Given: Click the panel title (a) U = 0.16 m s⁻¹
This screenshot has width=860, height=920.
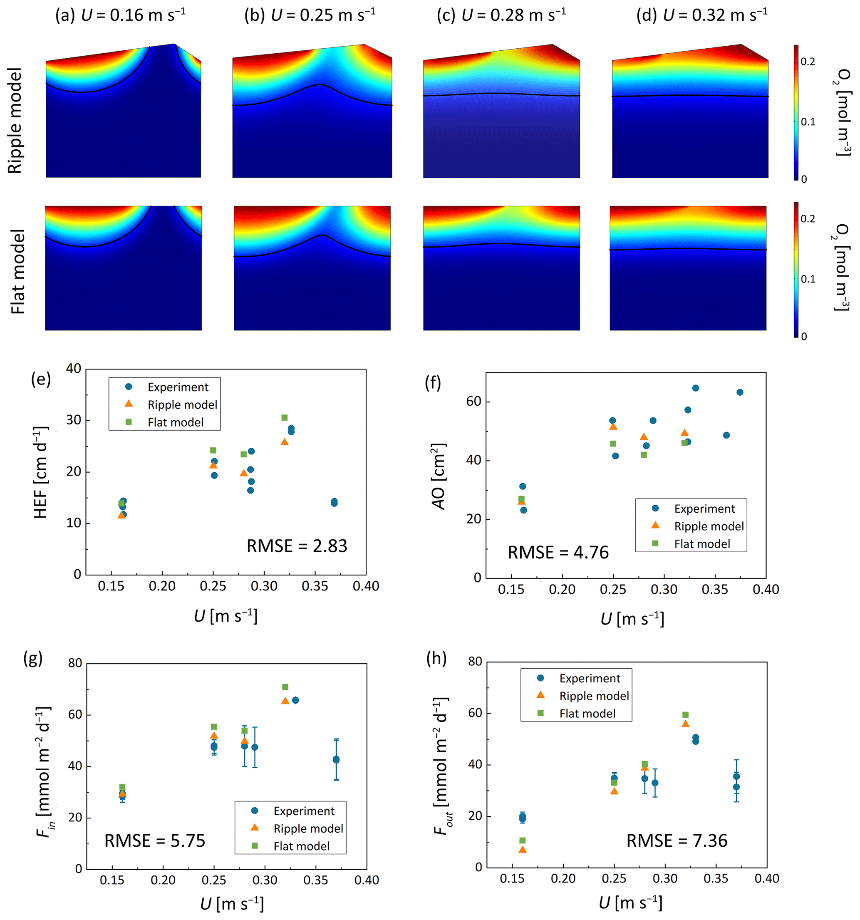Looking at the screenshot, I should click(120, 15).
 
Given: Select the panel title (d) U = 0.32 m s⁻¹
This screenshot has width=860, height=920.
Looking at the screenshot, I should click(701, 15).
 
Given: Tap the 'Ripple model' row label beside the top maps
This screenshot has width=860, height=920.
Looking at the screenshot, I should click(15, 120).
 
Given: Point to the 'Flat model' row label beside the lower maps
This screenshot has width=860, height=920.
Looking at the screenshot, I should click(17, 272).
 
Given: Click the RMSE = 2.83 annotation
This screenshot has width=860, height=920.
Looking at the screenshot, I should click(297, 546).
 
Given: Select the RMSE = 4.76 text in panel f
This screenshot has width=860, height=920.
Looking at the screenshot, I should click(558, 553).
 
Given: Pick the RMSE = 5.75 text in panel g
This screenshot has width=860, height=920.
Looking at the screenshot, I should click(154, 841).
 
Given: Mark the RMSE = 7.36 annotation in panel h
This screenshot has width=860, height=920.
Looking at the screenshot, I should click(677, 841).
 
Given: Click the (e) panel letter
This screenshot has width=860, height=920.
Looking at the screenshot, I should click(41, 379).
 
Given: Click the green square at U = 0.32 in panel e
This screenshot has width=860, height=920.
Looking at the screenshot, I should click(285, 418).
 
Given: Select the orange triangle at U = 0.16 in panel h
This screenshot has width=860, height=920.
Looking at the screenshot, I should click(522, 850).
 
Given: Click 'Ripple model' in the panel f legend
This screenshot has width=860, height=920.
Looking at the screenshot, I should click(709, 526).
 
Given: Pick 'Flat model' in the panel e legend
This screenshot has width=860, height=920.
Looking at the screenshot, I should click(175, 422).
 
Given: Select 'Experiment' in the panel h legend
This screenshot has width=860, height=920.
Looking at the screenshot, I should click(590, 678).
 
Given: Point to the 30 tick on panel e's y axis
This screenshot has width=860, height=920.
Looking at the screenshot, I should click(74, 420).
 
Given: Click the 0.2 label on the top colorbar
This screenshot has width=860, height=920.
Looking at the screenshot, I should click(808, 62).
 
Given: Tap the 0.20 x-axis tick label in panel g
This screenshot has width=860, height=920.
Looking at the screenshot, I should click(163, 880).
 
